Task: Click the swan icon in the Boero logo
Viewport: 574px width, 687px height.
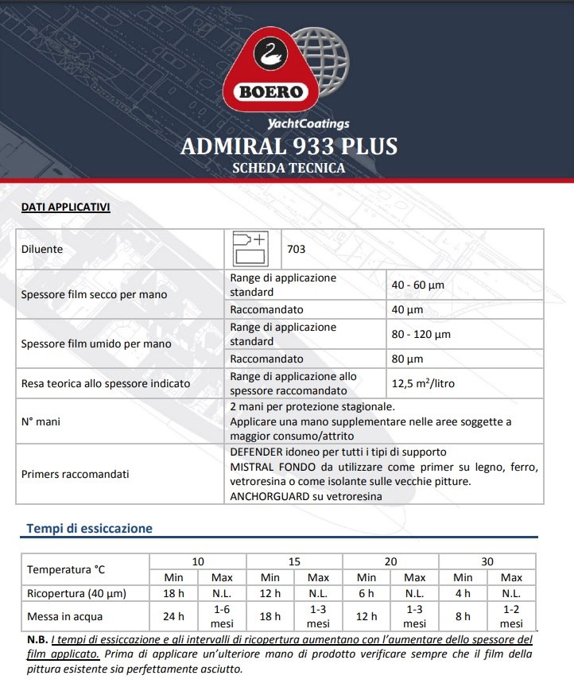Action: (x=270, y=54)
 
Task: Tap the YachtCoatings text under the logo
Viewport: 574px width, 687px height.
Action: (x=308, y=124)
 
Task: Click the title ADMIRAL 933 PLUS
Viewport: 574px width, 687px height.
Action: (x=289, y=147)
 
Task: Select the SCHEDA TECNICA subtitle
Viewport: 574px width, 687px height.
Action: (x=289, y=169)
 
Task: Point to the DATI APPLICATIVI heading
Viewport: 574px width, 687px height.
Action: (x=65, y=208)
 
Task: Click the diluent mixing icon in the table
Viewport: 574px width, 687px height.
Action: (x=250, y=249)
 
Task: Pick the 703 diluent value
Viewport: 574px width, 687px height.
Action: (x=297, y=249)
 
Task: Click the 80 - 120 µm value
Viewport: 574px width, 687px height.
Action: (x=421, y=334)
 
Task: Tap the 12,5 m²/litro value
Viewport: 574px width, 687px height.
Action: (x=424, y=383)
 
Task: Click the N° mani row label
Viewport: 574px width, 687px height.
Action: (x=41, y=421)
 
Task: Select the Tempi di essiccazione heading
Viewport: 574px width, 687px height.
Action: (x=90, y=528)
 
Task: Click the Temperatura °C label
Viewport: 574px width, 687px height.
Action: (x=66, y=569)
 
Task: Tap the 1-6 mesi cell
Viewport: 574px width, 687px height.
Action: (x=223, y=615)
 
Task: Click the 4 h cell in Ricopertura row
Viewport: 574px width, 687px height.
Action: (x=462, y=593)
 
